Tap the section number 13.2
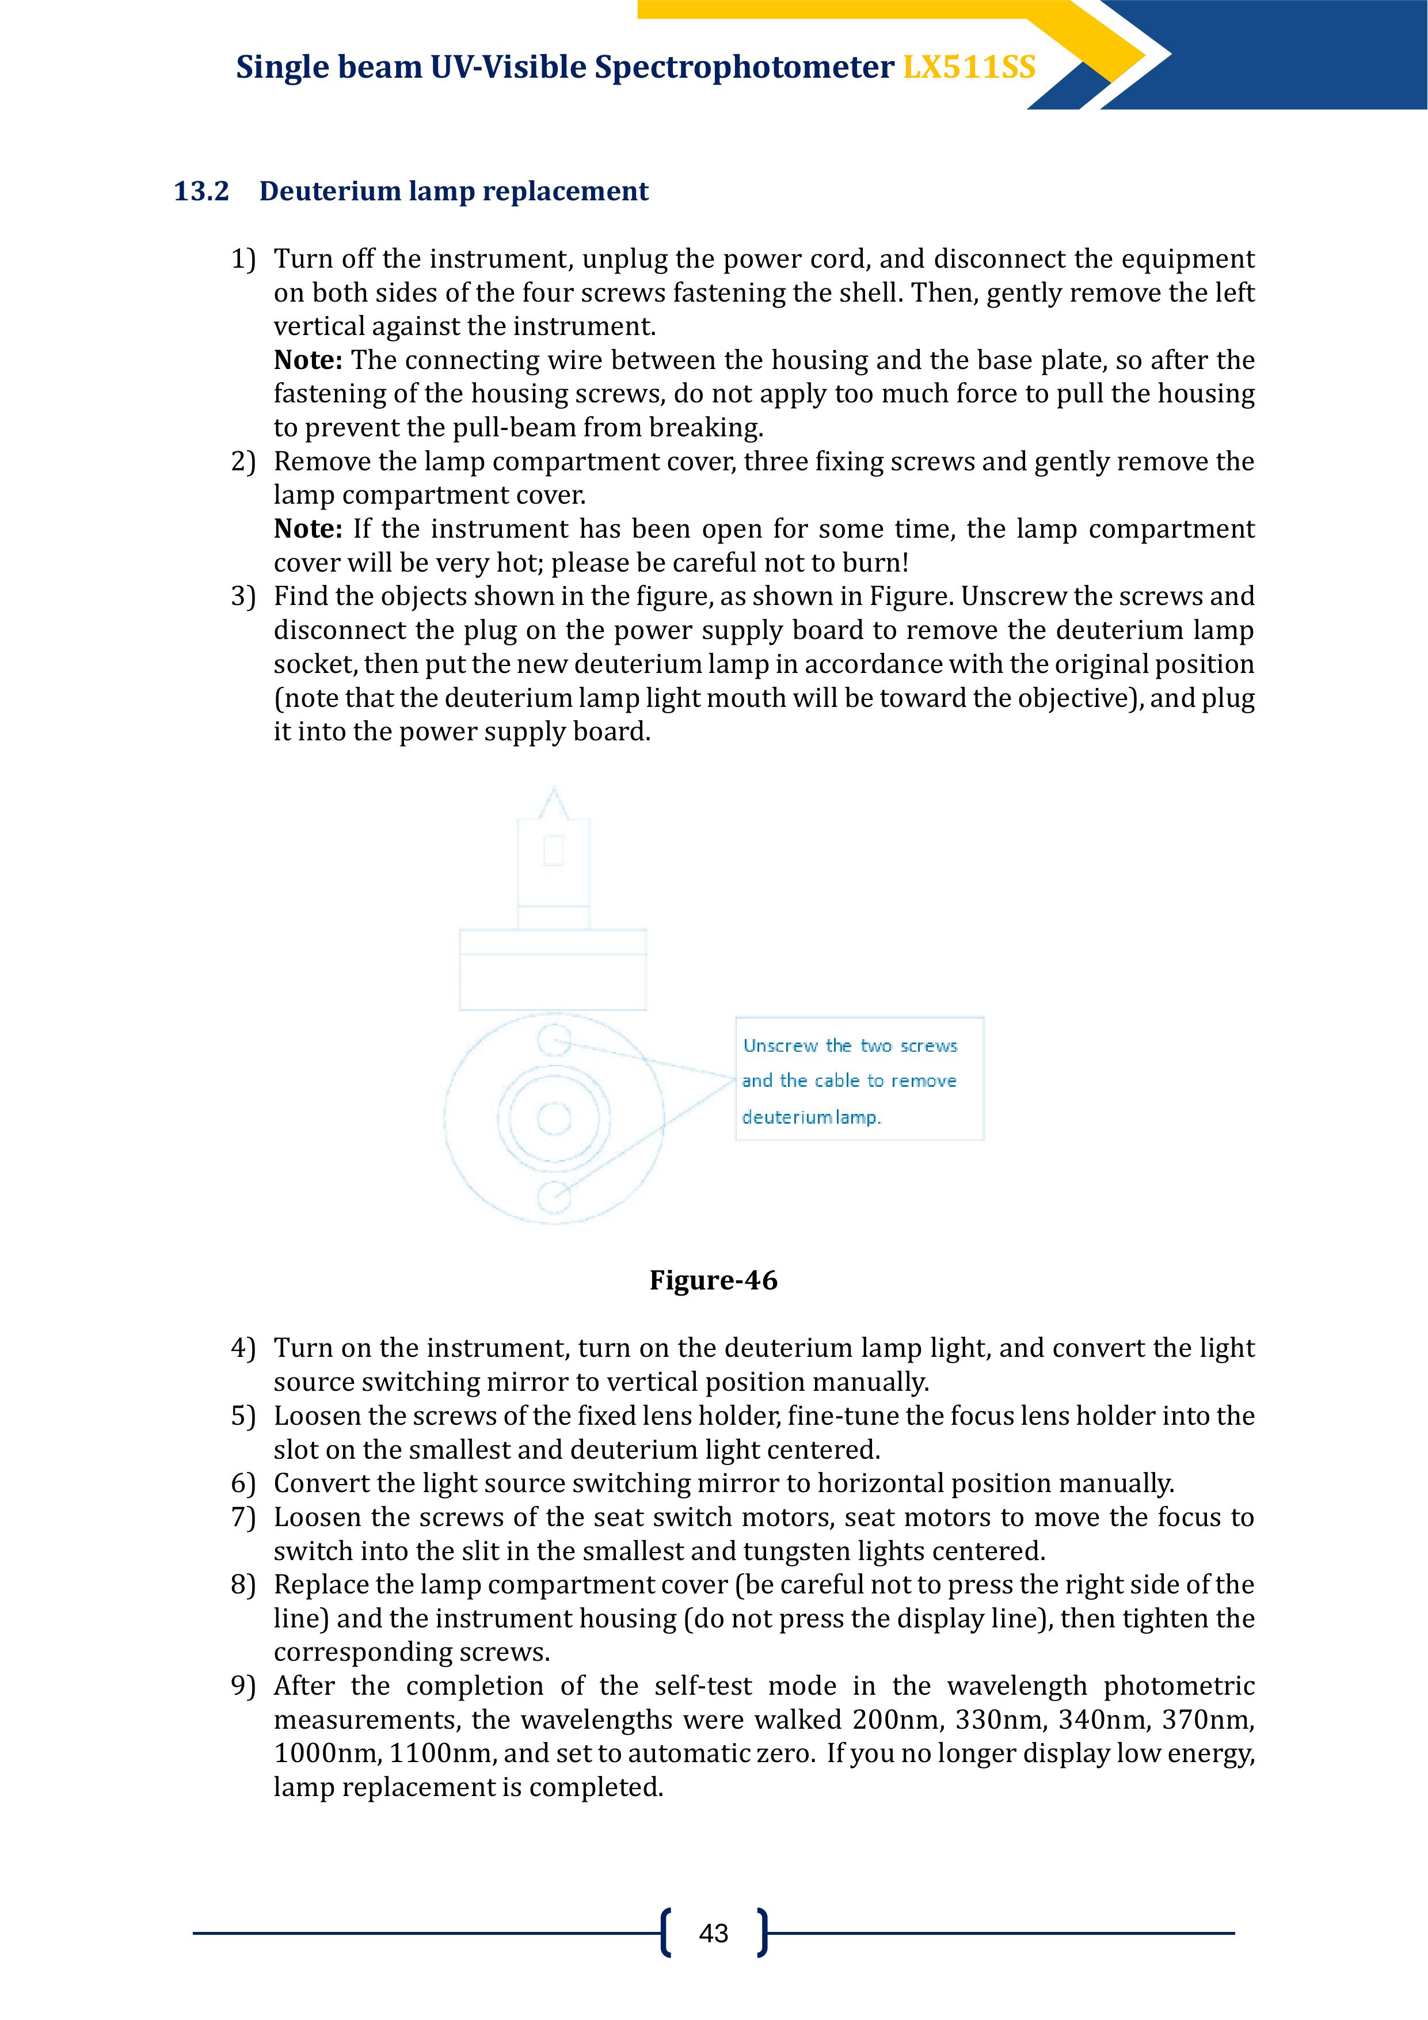point(201,191)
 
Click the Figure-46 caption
point(714,1280)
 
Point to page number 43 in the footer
point(714,1933)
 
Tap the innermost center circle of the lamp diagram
point(554,1119)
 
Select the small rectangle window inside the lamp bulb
point(554,850)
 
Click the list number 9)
point(243,1686)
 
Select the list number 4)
point(243,1348)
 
